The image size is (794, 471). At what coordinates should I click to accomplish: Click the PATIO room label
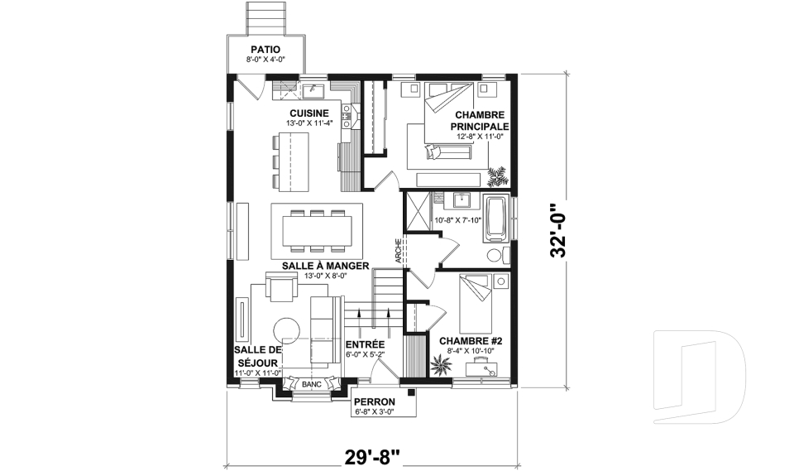pyautogui.click(x=263, y=50)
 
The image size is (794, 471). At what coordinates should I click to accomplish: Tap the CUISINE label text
pyautogui.click(x=309, y=113)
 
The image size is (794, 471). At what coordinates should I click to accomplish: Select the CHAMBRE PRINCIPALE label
pyautogui.click(x=479, y=121)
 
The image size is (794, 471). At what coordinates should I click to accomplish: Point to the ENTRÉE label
pyautogui.click(x=365, y=343)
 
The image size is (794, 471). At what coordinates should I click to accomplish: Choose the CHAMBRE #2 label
pyautogui.click(x=466, y=340)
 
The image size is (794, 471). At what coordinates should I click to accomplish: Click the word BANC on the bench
pyautogui.click(x=311, y=385)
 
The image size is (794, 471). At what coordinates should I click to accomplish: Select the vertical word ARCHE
pyautogui.click(x=399, y=251)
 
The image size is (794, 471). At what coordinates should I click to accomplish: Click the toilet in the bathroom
pyautogui.click(x=495, y=254)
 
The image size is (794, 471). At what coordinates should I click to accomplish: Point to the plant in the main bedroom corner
pyautogui.click(x=498, y=175)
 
